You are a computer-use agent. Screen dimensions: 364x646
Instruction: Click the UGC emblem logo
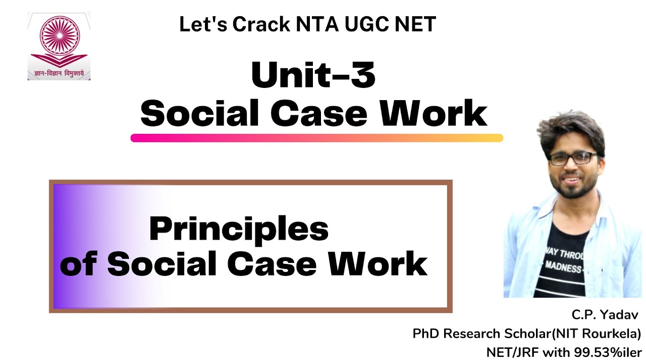click(x=59, y=40)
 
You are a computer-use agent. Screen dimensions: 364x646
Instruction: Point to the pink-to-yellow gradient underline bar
click(x=317, y=138)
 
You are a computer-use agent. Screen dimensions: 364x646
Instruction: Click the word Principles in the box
click(x=239, y=229)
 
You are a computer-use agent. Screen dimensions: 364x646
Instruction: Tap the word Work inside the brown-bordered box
click(x=383, y=263)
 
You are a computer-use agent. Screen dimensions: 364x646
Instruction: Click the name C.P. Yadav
click(x=605, y=315)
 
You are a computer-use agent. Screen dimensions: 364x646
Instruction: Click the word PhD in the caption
click(x=425, y=334)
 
